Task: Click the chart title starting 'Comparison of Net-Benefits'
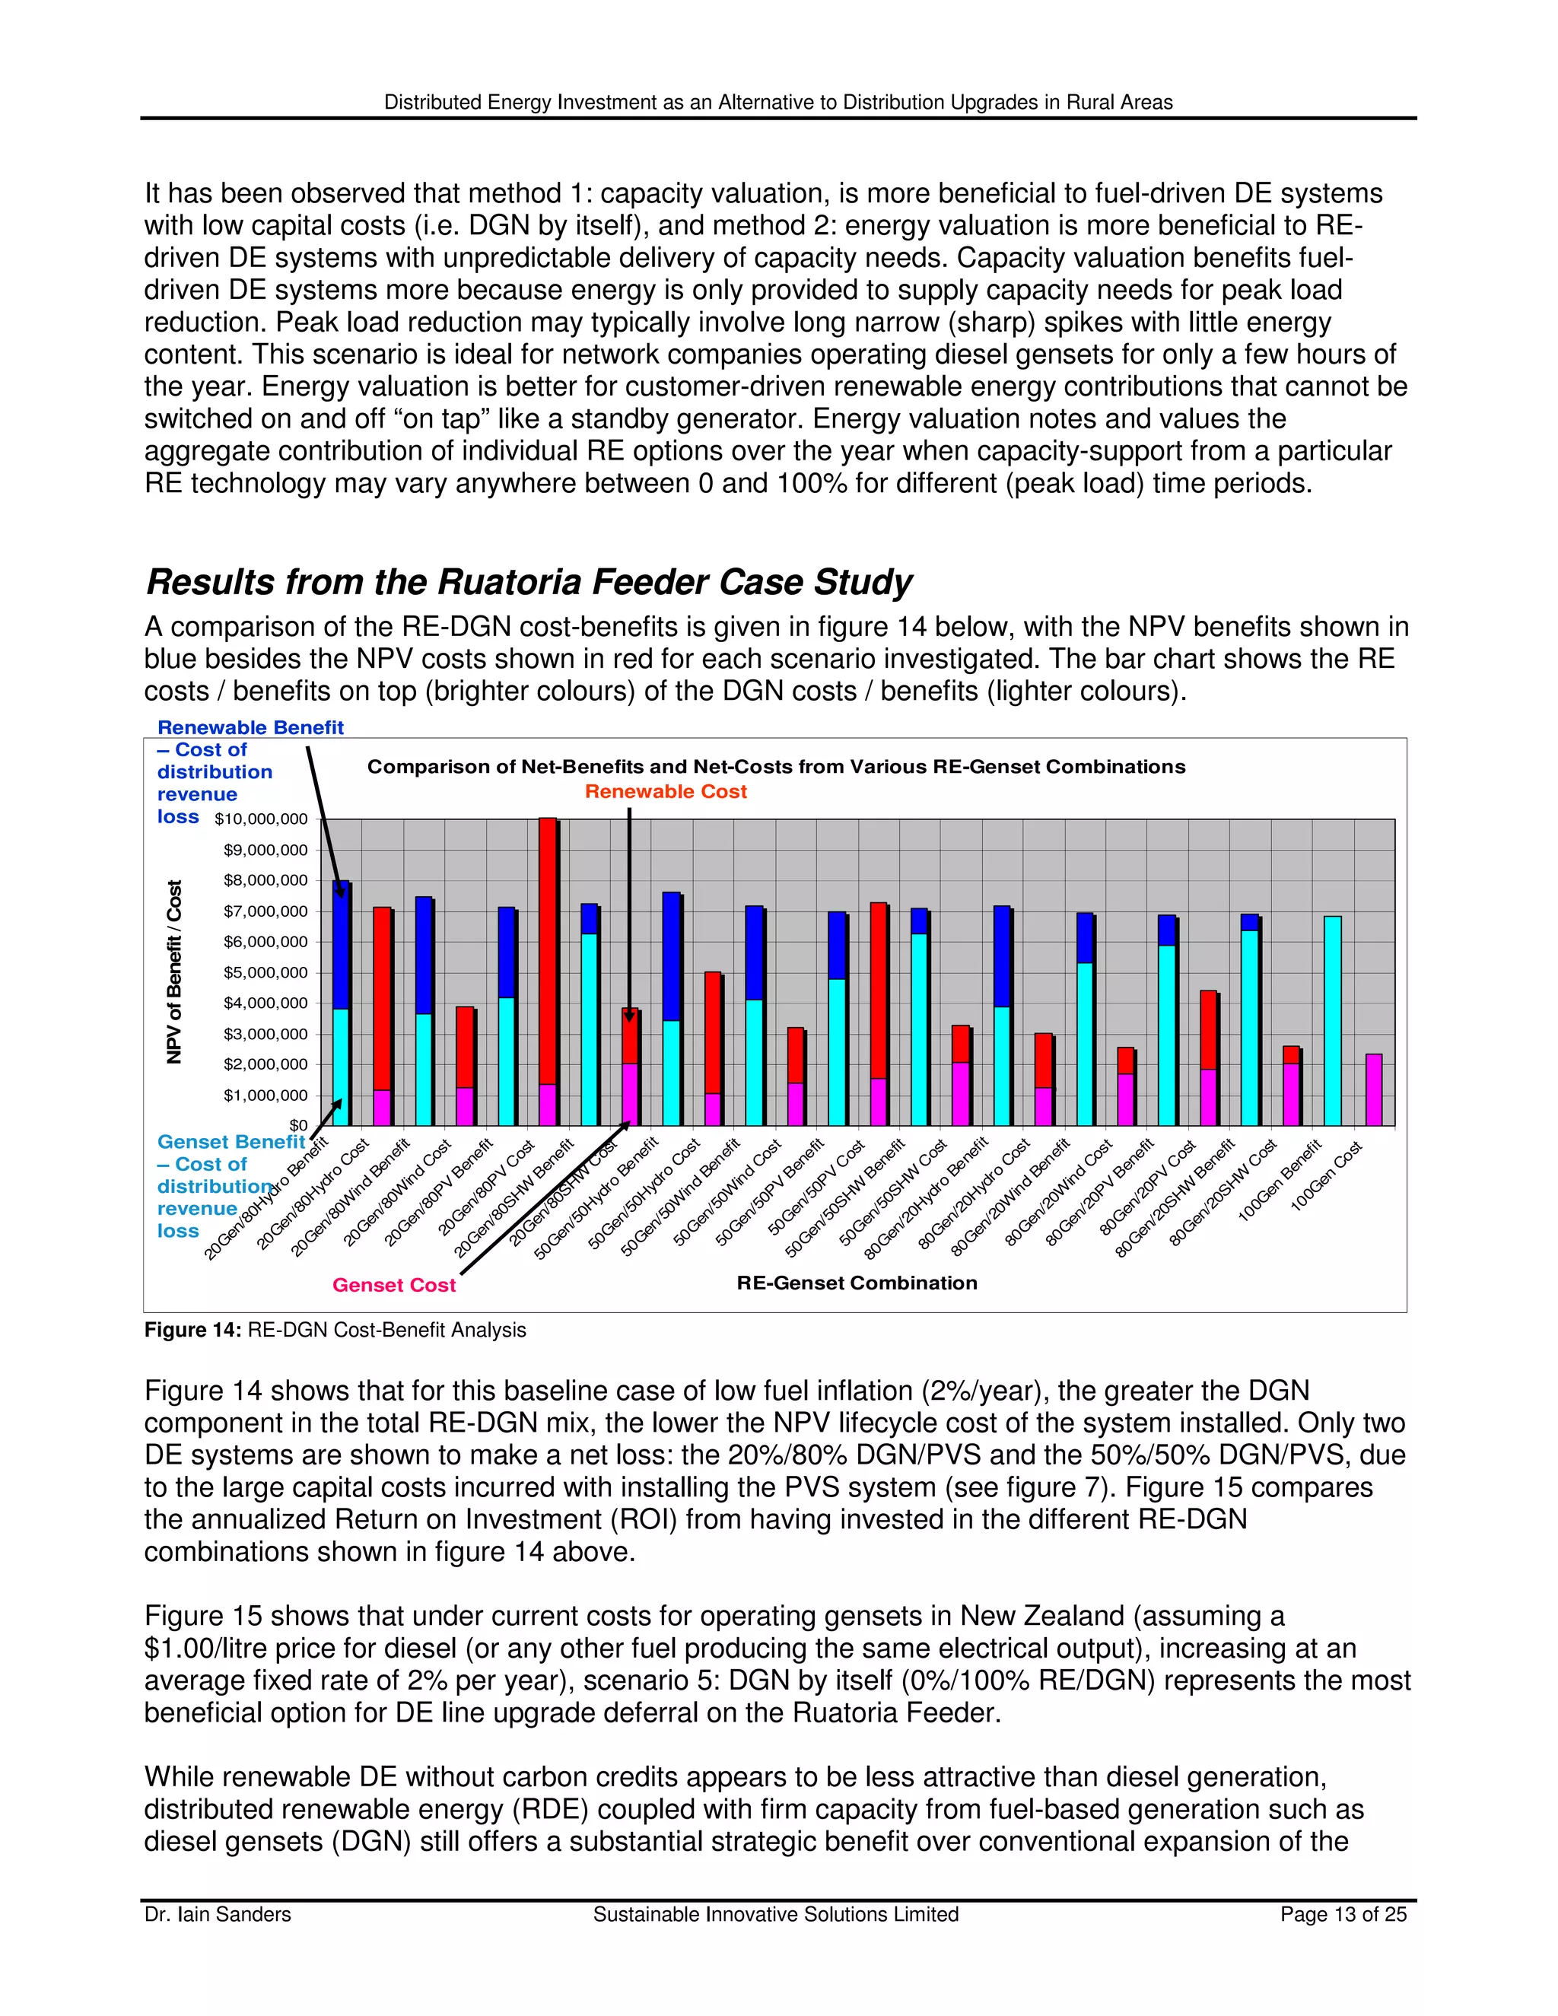775,766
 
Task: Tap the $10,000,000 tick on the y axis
261,819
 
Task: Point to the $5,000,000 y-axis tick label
265,972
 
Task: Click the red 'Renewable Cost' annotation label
666,791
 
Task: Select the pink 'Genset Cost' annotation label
394,1285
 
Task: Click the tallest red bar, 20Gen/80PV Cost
547,969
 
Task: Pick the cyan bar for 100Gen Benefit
1332,1020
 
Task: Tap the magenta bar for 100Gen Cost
1373,1090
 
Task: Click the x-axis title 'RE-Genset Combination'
857,1282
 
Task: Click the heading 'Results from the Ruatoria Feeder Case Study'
529,583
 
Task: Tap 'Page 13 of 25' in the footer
1343,1915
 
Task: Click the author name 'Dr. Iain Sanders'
218,1915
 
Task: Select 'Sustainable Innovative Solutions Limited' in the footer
775,1915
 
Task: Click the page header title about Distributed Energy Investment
778,103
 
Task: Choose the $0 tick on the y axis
298,1125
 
